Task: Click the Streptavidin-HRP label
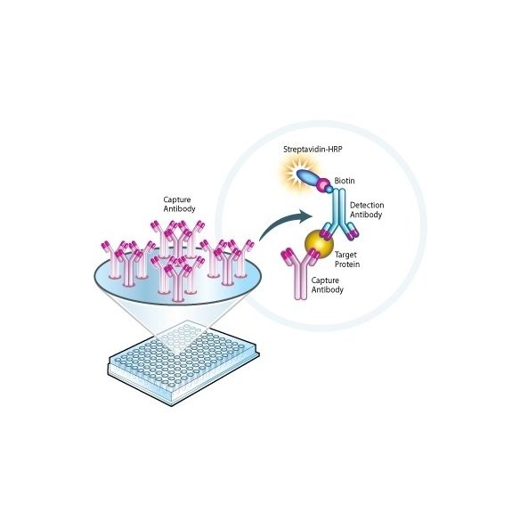(x=313, y=150)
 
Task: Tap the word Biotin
(x=345, y=181)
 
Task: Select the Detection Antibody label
(x=367, y=210)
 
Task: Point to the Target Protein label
(x=347, y=259)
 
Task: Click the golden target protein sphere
(x=319, y=245)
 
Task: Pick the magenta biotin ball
(x=324, y=183)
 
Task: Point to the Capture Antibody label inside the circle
(x=327, y=285)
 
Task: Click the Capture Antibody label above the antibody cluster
(x=179, y=204)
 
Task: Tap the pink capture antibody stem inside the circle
(x=301, y=282)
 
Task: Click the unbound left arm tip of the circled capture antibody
(x=286, y=255)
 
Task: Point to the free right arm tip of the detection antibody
(x=353, y=233)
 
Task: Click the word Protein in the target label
(x=347, y=264)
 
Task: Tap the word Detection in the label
(x=367, y=206)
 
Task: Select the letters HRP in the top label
(x=335, y=150)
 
